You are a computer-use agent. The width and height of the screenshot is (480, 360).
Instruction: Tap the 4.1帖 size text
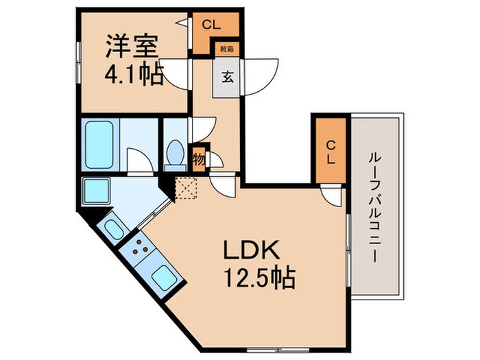tap(135, 73)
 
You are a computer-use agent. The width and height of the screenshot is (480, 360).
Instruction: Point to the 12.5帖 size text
tap(257, 278)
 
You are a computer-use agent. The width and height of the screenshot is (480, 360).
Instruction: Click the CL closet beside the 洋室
tap(211, 26)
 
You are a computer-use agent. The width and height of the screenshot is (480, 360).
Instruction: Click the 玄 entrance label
tap(226, 76)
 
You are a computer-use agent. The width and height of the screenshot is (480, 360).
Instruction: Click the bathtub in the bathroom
tap(99, 145)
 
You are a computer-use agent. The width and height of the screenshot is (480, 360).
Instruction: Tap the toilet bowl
tap(174, 154)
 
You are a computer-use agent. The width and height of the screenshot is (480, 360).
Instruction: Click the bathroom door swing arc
tap(139, 161)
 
